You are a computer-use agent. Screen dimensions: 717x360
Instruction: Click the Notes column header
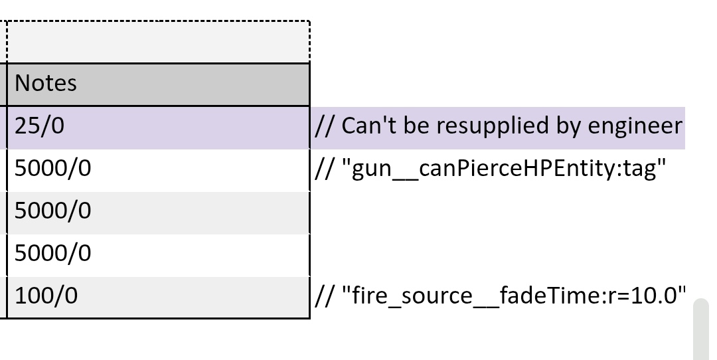(158, 84)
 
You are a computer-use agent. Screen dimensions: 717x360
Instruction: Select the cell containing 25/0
(158, 127)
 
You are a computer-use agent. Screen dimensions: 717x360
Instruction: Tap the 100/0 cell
(158, 297)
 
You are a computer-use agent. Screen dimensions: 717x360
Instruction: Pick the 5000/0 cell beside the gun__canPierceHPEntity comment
(158, 170)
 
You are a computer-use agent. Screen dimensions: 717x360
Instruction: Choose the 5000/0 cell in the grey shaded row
(158, 213)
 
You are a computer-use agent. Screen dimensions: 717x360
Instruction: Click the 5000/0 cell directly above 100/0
(158, 255)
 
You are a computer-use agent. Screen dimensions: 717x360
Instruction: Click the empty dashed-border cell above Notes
(158, 42)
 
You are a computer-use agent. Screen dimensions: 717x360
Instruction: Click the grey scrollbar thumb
(701, 329)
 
